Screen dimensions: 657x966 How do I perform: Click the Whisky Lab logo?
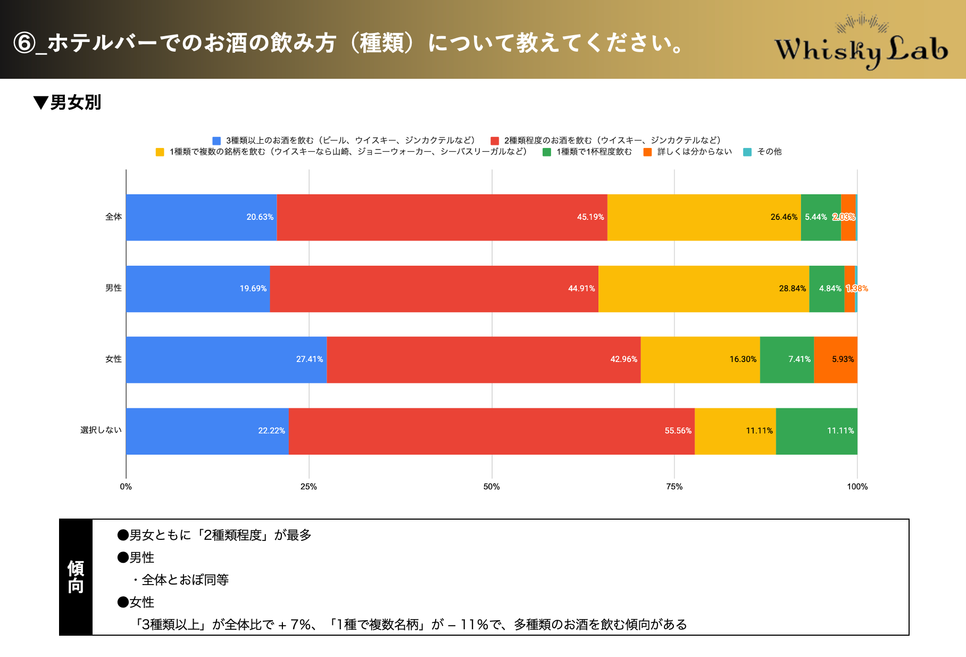[861, 45]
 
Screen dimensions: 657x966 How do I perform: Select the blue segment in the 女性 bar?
[226, 359]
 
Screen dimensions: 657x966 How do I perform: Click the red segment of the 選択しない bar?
[492, 431]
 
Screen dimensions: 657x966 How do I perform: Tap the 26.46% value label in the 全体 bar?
[784, 217]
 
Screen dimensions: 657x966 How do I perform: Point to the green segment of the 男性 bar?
[826, 289]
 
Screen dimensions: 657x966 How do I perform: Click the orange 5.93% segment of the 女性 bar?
[836, 359]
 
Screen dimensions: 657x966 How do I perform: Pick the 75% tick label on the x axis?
[674, 487]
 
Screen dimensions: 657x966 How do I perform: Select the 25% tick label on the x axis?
[309, 487]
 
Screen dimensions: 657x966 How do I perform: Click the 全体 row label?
[113, 217]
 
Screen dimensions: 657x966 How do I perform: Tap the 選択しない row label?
[101, 430]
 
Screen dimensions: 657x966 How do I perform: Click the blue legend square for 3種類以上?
[216, 141]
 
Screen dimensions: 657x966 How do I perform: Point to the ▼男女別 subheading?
[68, 102]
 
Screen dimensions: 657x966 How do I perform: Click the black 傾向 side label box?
[76, 577]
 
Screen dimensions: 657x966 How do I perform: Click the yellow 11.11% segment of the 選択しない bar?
[735, 431]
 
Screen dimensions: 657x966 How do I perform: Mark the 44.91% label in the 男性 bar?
[581, 289]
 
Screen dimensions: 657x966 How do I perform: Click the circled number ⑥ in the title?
[24, 43]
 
